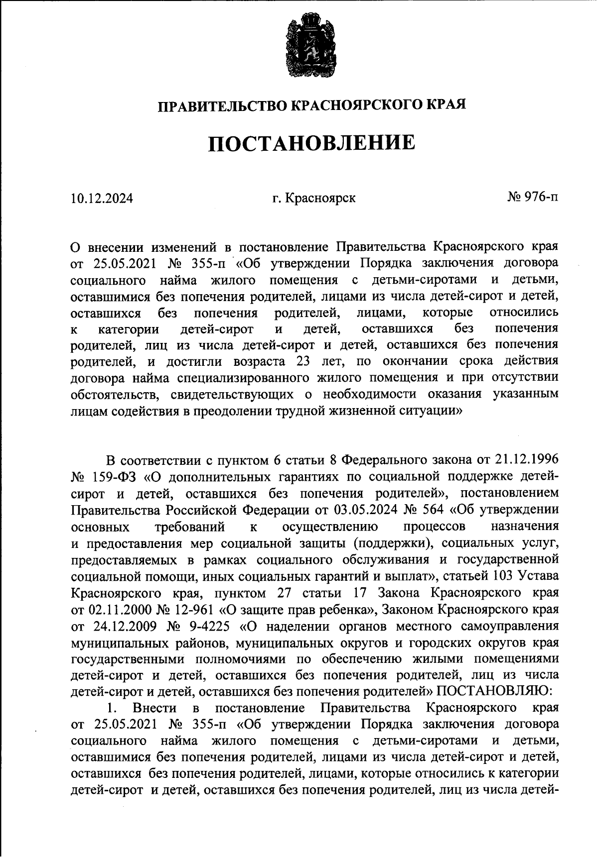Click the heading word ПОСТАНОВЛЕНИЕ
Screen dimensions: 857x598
311,143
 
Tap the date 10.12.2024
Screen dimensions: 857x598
102,199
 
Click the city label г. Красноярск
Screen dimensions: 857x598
313,198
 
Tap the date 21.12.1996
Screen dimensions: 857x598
526,458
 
